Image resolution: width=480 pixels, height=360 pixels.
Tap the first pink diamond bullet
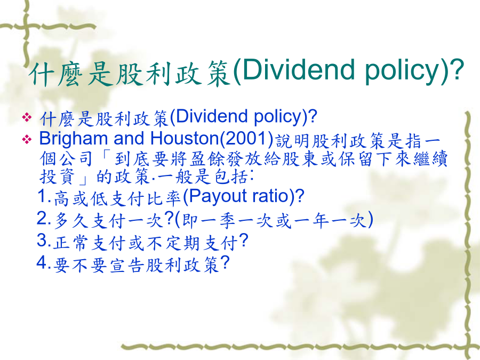point(27,117)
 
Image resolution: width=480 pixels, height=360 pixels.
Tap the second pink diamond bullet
point(27,140)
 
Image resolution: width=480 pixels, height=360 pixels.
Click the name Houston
point(185,138)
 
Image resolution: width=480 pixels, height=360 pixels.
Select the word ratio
point(269,196)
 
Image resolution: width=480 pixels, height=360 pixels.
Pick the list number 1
point(43,196)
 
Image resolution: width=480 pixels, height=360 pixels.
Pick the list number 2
point(42,219)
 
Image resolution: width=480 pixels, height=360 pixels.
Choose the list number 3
point(42,241)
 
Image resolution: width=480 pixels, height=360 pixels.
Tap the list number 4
point(42,262)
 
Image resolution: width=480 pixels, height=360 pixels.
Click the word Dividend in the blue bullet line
point(212,116)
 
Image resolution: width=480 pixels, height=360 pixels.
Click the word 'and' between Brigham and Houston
point(129,138)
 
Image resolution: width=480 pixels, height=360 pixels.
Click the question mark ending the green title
point(457,70)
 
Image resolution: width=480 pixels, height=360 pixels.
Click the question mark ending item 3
point(243,241)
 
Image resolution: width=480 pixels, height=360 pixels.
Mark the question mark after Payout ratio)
point(300,196)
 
